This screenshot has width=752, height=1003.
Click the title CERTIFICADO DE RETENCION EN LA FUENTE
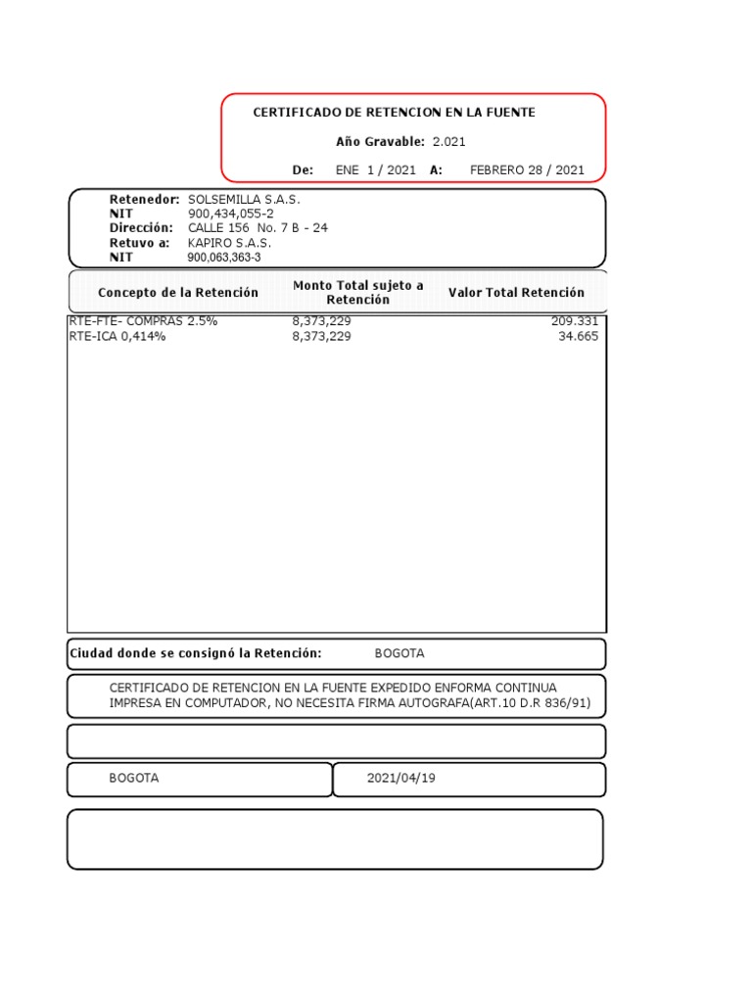(x=394, y=113)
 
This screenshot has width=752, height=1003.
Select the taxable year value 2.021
(x=449, y=142)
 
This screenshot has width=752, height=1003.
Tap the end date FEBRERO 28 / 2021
(x=527, y=169)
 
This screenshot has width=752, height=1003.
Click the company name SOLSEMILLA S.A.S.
(x=244, y=200)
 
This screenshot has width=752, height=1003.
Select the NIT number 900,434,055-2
(x=231, y=214)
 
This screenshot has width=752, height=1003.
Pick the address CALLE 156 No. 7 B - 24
(x=258, y=228)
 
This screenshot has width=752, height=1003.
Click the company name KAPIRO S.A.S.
(x=229, y=243)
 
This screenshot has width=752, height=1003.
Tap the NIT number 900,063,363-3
(x=224, y=258)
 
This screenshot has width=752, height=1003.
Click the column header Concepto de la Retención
(x=178, y=293)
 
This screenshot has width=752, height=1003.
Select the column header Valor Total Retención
(x=516, y=293)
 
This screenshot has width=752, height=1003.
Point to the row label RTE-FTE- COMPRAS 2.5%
(x=143, y=321)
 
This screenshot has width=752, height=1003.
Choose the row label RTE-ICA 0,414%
(x=117, y=336)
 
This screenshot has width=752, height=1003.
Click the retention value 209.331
(x=574, y=321)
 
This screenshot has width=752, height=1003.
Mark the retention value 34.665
(x=578, y=336)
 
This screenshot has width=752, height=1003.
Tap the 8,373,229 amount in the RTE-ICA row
(x=321, y=336)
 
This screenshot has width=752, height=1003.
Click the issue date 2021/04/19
(x=401, y=779)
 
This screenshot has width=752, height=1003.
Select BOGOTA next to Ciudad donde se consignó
(x=399, y=653)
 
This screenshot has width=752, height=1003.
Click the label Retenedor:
(x=144, y=200)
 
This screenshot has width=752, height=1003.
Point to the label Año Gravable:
(x=380, y=142)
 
